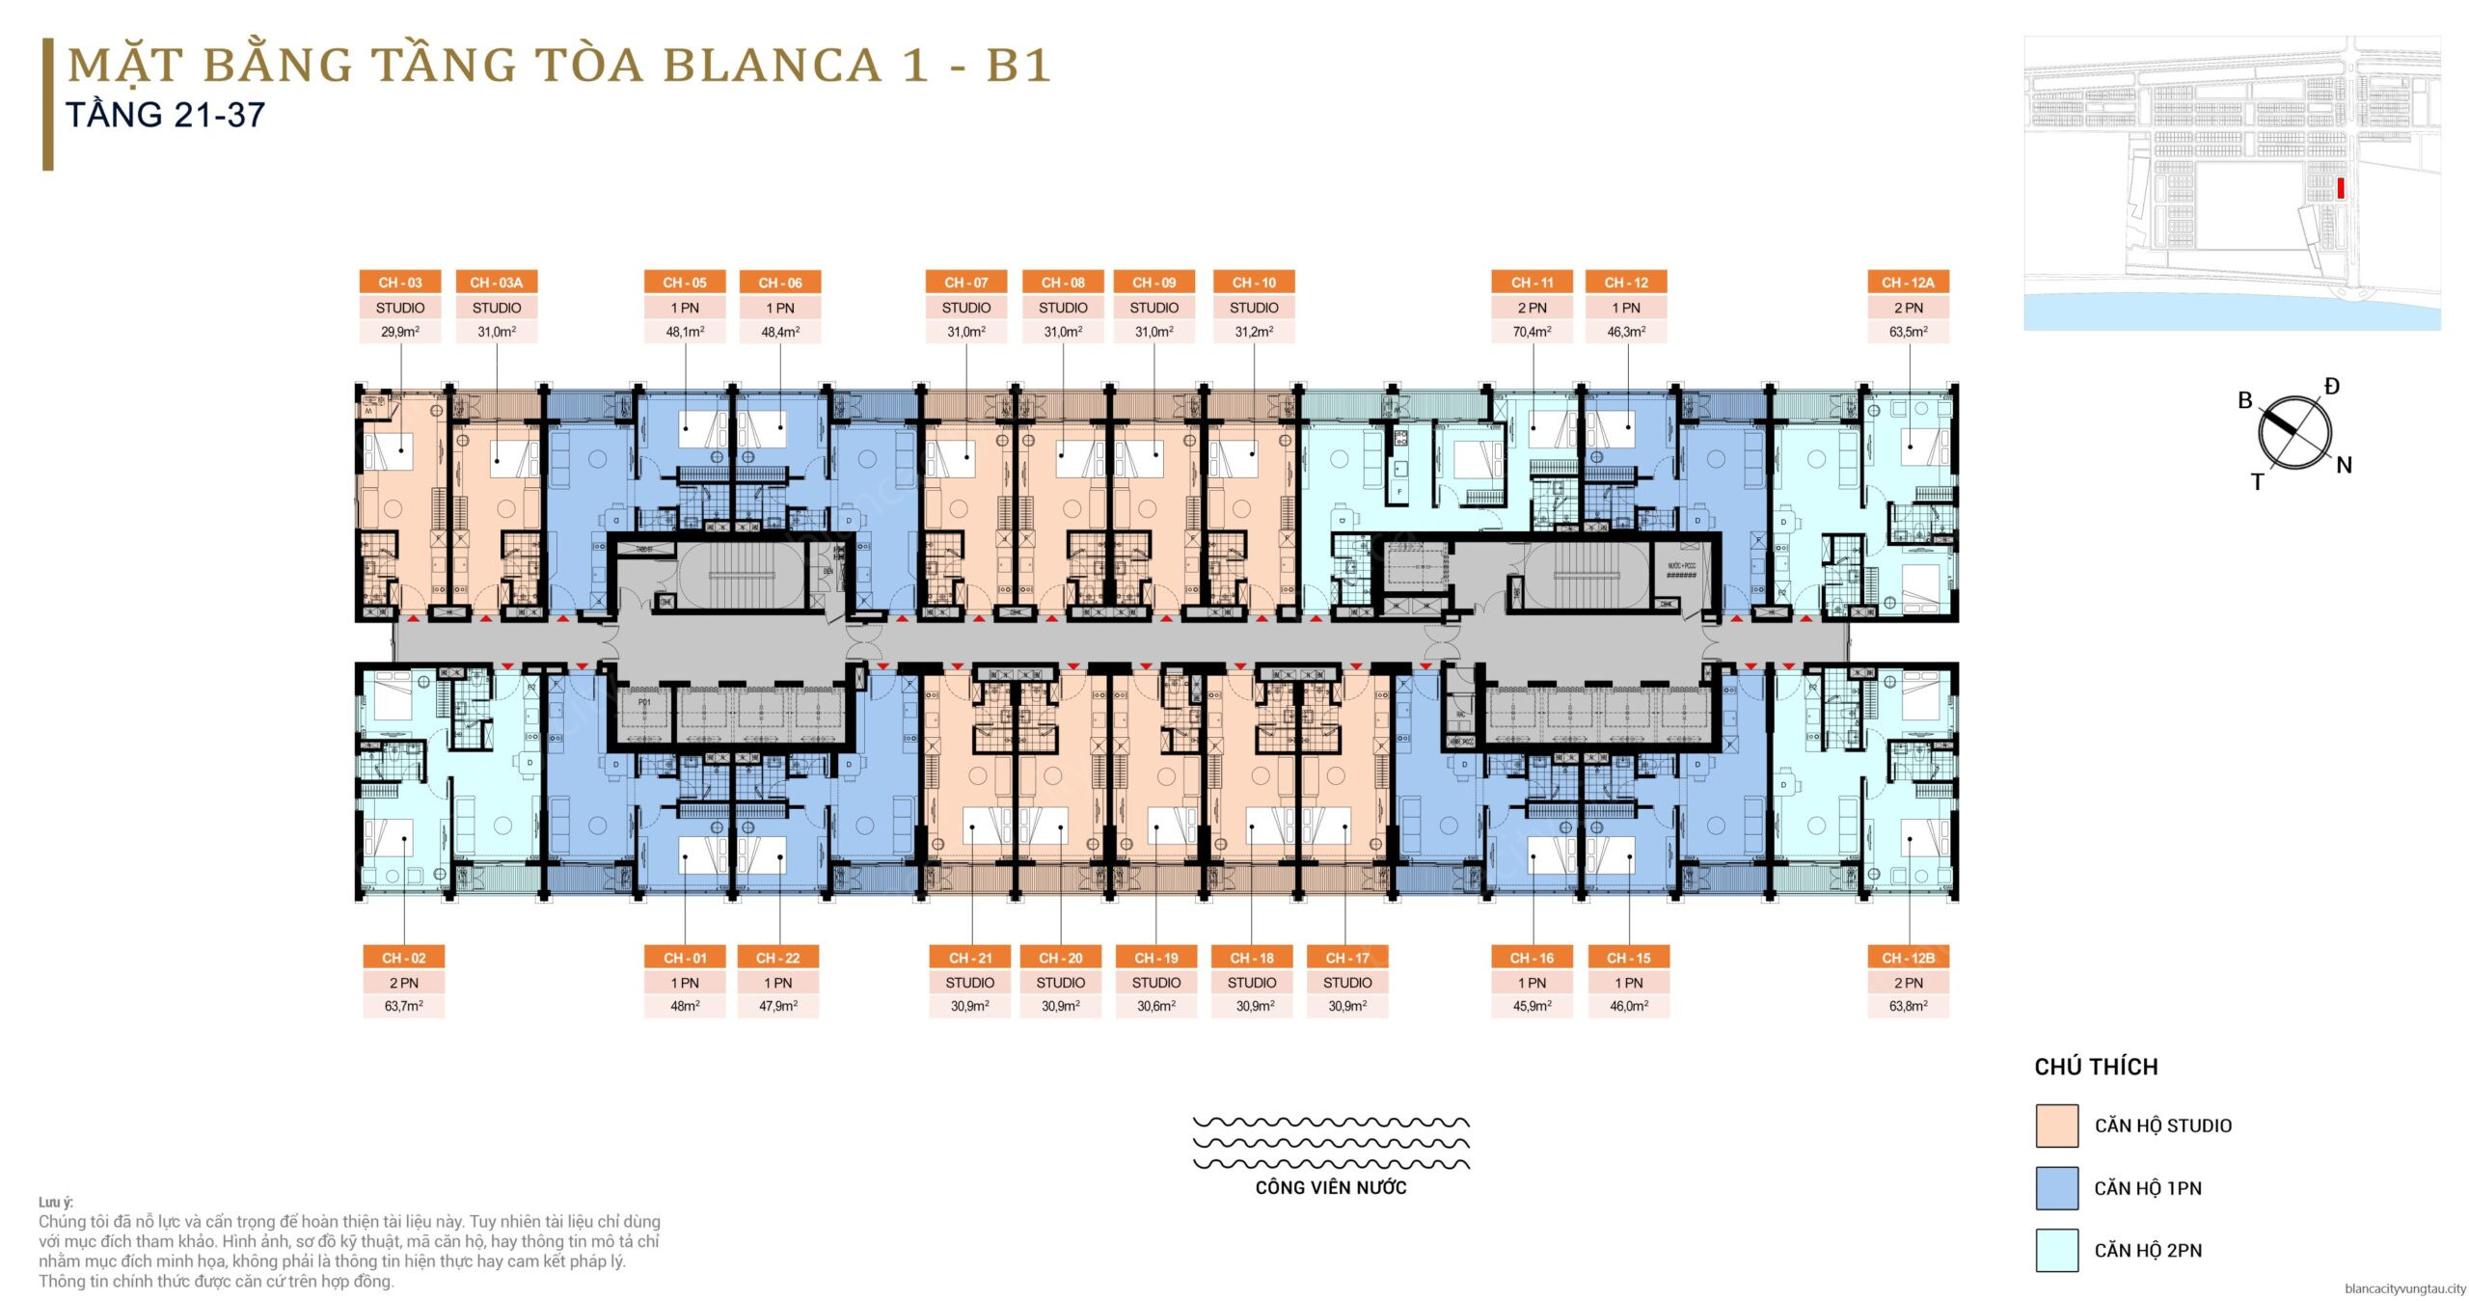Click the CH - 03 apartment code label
pos(400,283)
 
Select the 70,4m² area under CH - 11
pos(1532,332)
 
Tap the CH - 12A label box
pos(1908,283)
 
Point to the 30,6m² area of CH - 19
pos(1155,1006)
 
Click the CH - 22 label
pos(777,958)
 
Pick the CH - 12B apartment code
pos(1908,958)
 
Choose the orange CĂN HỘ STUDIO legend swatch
pos(2056,1125)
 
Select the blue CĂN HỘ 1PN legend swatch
pos(2056,1188)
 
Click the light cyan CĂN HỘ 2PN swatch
pos(2056,1250)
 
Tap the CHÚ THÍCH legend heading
pos(2096,1067)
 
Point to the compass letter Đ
pos(2331,387)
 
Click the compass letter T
pos(2257,482)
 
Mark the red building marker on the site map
pos(2340,188)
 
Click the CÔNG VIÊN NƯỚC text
pos(1330,1188)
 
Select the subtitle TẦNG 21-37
pos(165,116)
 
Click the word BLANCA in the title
pos(772,66)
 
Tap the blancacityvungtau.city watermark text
pos(2404,1288)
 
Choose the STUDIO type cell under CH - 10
pos(1254,308)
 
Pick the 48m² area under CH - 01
pos(685,1006)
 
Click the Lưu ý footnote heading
pos(56,1202)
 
